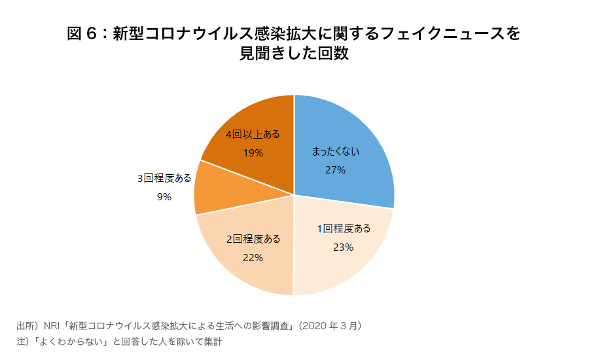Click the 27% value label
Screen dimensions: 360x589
point(335,170)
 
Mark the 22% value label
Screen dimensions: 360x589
point(253,257)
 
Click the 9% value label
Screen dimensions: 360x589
point(164,196)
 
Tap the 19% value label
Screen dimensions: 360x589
point(253,153)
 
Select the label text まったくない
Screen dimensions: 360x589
point(335,152)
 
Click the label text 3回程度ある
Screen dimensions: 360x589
point(164,178)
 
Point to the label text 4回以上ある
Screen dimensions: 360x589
point(253,134)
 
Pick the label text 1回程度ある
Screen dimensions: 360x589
point(344,228)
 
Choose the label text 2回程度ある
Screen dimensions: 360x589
point(253,239)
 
